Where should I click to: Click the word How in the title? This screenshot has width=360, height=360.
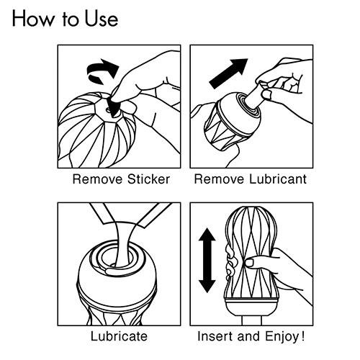(x=33, y=19)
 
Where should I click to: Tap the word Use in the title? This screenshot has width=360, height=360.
(x=102, y=19)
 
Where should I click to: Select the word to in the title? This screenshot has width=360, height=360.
(x=70, y=19)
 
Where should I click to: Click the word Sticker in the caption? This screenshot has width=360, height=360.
(x=148, y=179)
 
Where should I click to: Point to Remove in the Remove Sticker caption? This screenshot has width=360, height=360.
(x=99, y=179)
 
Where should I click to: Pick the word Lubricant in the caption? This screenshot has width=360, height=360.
(x=278, y=179)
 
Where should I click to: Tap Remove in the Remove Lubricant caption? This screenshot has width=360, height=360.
(x=220, y=179)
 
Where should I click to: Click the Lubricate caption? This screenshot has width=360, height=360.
(x=119, y=336)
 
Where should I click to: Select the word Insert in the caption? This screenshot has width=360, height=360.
(x=216, y=336)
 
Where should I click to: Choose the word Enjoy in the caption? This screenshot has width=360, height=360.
(x=282, y=336)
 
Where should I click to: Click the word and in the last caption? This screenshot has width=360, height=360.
(x=249, y=336)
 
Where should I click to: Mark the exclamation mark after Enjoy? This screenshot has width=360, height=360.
(x=302, y=336)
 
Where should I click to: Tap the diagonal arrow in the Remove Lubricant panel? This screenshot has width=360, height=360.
(x=228, y=73)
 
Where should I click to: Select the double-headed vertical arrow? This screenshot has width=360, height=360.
(x=207, y=261)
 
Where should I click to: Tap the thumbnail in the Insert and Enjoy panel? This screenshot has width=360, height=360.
(x=249, y=263)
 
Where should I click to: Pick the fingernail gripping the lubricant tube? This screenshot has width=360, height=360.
(x=266, y=94)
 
